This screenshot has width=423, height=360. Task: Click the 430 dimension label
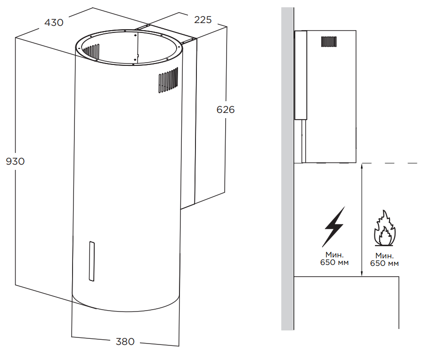pyautogui.click(x=54, y=22)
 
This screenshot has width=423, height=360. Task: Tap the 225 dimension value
pyautogui.click(x=203, y=20)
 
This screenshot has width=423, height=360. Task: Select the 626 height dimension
pyautogui.click(x=226, y=110)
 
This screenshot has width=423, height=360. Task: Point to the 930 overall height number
pyautogui.click(x=15, y=161)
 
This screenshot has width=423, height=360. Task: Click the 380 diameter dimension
pyautogui.click(x=125, y=342)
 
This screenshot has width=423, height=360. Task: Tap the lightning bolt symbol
pyautogui.click(x=334, y=226)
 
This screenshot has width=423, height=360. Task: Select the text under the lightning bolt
pyautogui.click(x=334, y=258)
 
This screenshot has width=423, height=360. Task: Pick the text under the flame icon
pyautogui.click(x=384, y=259)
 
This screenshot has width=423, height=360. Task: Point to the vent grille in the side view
pyautogui.click(x=329, y=41)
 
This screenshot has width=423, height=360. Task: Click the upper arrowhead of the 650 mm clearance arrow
pyautogui.click(x=361, y=166)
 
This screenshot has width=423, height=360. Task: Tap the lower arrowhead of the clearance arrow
pyautogui.click(x=361, y=274)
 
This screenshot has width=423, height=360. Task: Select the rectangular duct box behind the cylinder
pyautogui.click(x=207, y=118)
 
